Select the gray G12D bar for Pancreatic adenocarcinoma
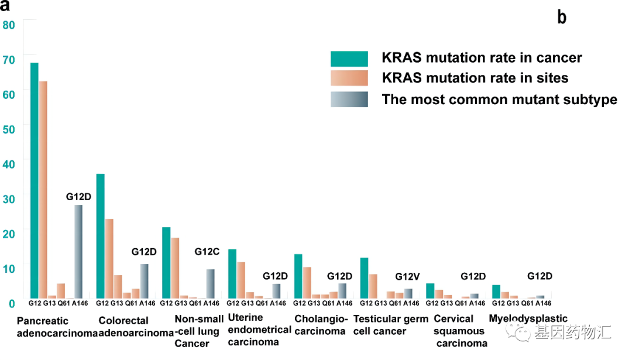[78, 251]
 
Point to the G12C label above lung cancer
[207, 252]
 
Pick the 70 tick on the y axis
[9, 59]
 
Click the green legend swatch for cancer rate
[349, 59]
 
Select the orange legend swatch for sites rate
[349, 78]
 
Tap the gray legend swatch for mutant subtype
[349, 100]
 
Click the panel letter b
[562, 18]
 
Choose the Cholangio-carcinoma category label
[321, 325]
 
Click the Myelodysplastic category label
[528, 319]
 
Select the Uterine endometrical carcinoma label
[259, 330]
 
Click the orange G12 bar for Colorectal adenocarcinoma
[109, 258]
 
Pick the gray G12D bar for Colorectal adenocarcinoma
[144, 281]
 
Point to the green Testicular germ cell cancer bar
[364, 278]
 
